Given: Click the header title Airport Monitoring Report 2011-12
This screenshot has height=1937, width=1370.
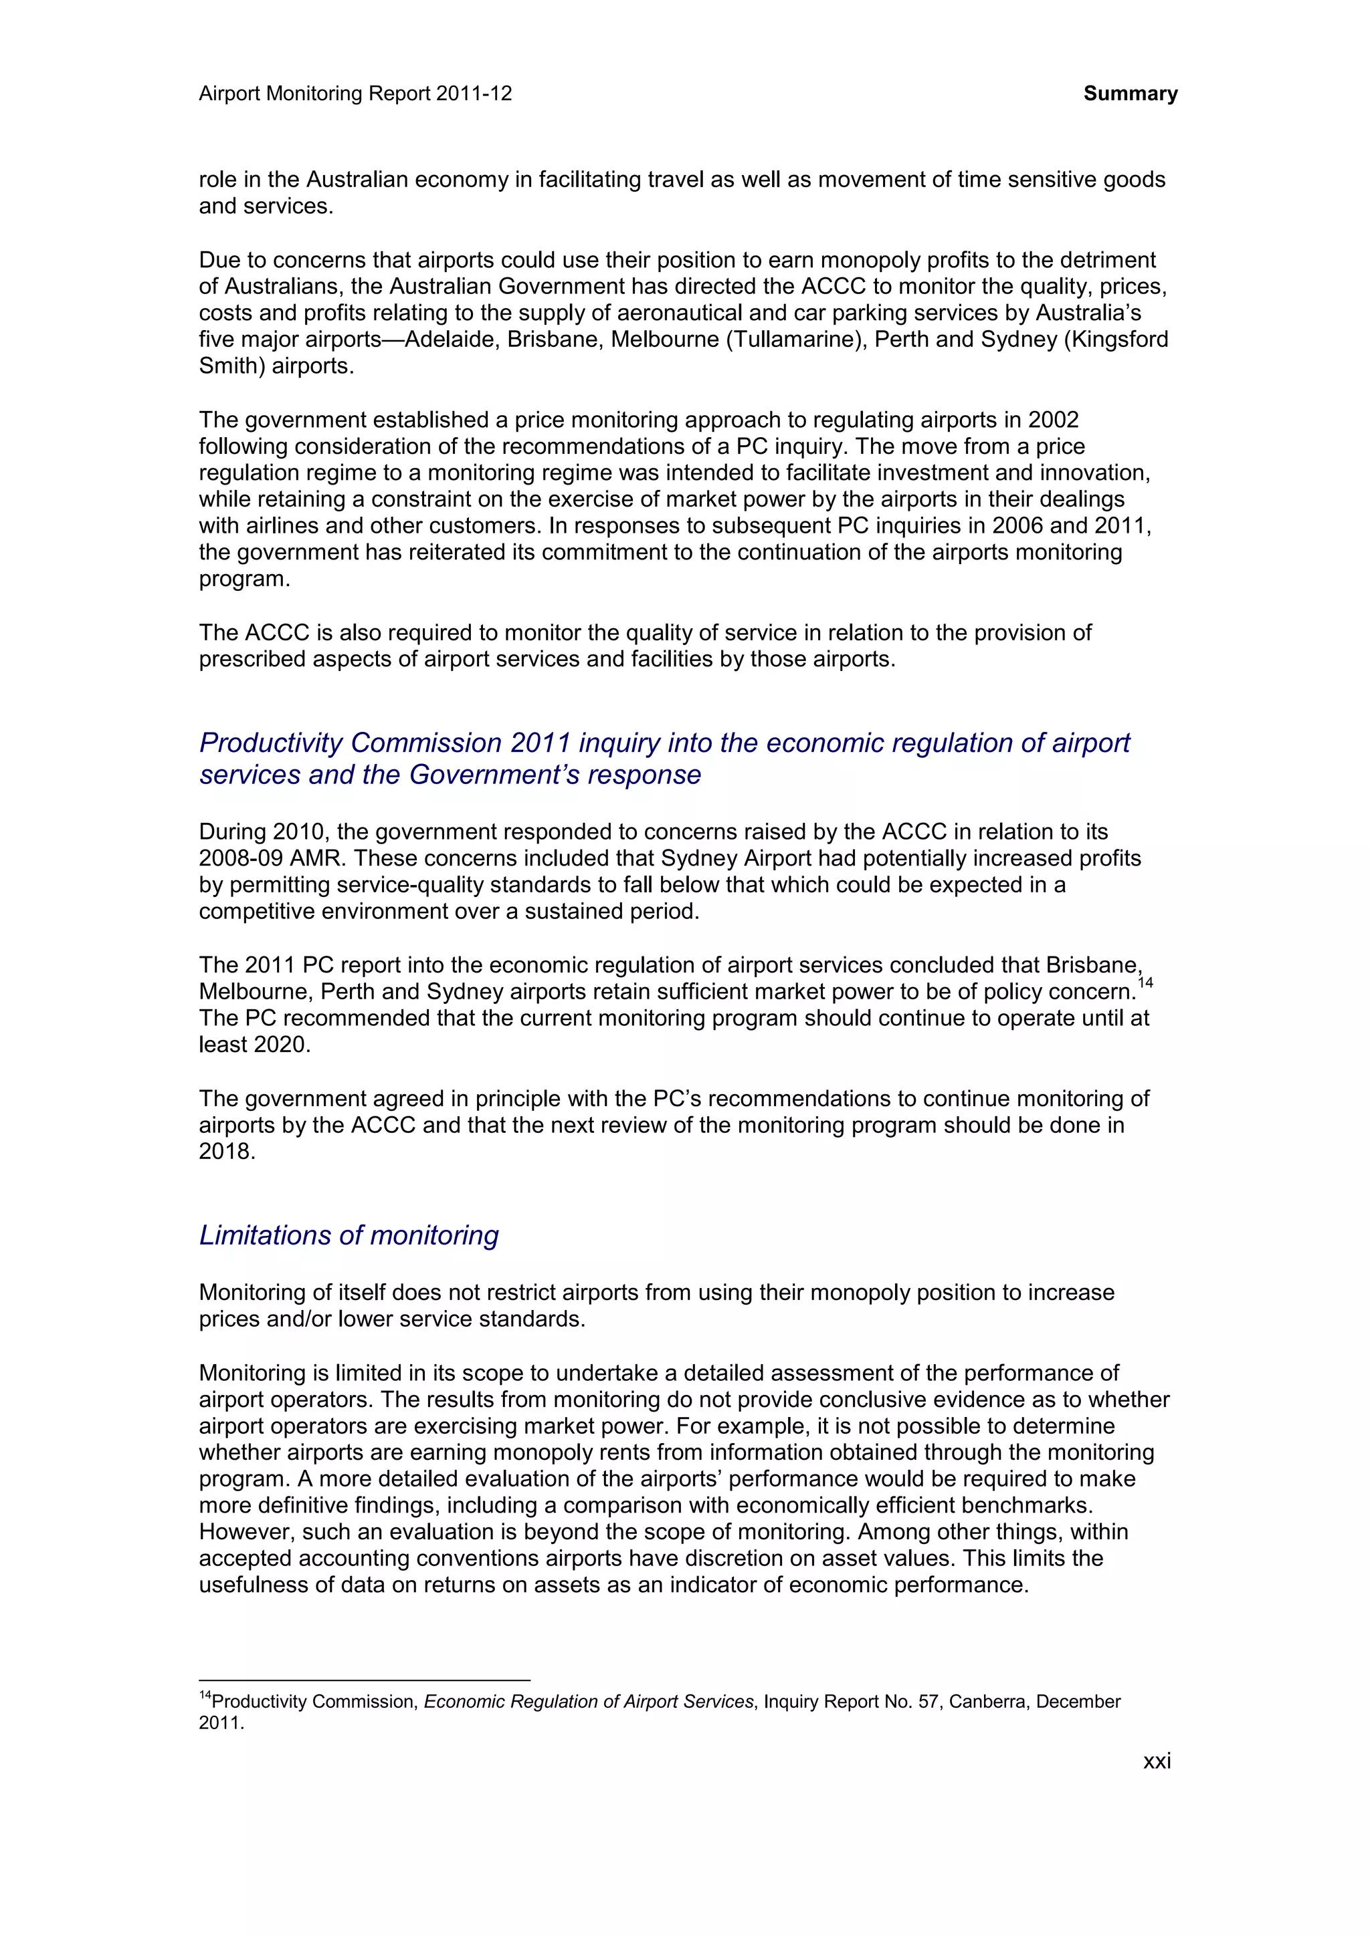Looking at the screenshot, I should click(x=355, y=94).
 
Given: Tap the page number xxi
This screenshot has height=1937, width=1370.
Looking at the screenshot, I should click(x=1157, y=1761).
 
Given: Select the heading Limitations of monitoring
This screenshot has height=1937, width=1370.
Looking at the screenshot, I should click(x=349, y=1235).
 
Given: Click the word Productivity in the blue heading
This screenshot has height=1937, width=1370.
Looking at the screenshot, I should click(x=271, y=743).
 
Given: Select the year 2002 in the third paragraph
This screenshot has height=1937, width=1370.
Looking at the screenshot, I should click(x=1053, y=420).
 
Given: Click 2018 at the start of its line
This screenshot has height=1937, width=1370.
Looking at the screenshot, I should click(x=226, y=1152).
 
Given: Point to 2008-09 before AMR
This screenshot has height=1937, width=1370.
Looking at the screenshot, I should click(x=241, y=859).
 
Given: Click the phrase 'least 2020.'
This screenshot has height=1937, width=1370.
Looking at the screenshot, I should click(x=254, y=1045).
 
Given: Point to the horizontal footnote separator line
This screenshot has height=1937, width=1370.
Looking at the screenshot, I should click(x=364, y=1680).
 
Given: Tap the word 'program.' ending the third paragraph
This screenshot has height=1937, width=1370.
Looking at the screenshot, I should click(x=244, y=579).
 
